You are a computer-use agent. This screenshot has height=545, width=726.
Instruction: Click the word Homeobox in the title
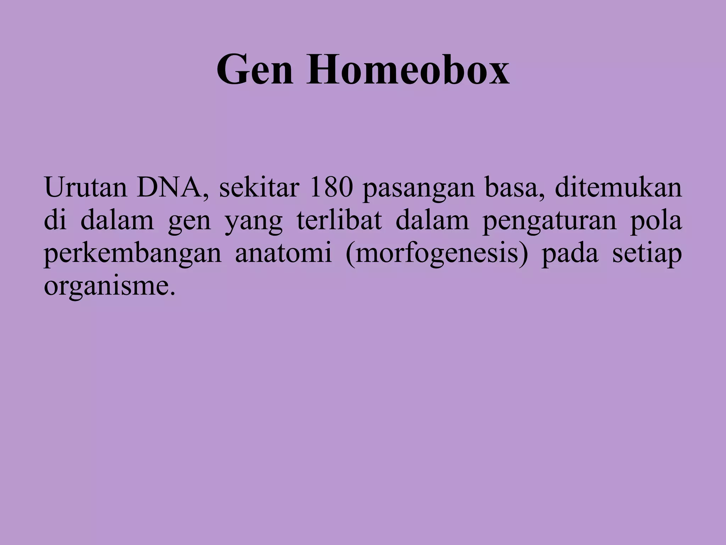408,70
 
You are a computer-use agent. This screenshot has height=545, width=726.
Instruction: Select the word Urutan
85,188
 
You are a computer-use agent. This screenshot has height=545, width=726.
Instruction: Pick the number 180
331,188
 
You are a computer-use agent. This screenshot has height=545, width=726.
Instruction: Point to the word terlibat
339,220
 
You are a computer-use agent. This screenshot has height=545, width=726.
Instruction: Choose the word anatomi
283,253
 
